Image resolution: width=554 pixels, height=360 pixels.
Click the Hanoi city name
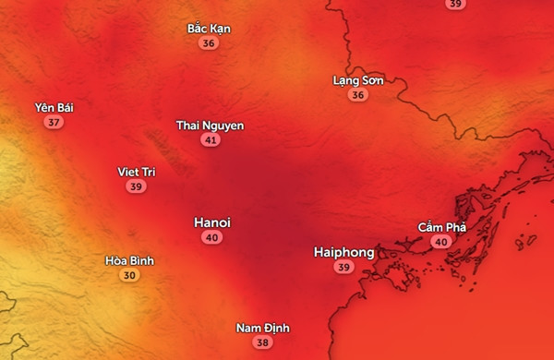point(212,222)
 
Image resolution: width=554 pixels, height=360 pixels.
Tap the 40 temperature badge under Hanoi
point(212,238)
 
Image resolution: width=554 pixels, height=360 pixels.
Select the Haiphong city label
point(343,252)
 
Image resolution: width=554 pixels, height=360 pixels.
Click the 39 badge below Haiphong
point(344,268)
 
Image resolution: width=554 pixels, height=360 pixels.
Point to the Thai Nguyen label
point(211,126)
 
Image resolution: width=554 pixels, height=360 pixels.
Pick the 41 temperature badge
point(211,140)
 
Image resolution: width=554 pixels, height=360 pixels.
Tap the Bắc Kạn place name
point(209,29)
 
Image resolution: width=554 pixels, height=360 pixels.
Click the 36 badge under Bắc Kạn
point(209,43)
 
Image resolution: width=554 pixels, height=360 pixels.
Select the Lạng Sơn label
point(357,80)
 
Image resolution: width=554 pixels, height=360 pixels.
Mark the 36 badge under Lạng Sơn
point(357,95)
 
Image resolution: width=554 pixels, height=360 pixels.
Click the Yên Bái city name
point(54,108)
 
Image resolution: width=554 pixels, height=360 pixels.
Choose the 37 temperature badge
point(54,123)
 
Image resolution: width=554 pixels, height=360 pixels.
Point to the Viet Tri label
point(137,172)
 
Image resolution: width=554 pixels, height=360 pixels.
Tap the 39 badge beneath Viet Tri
point(137,186)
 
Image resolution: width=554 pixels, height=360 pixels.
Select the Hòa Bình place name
point(129,260)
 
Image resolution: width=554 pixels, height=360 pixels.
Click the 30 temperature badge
point(129,275)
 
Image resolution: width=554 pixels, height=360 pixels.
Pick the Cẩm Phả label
point(441,227)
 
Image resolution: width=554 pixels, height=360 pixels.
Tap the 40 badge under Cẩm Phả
point(441,242)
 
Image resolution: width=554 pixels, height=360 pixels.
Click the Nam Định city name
point(263,328)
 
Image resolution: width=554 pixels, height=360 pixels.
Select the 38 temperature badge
point(263,342)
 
